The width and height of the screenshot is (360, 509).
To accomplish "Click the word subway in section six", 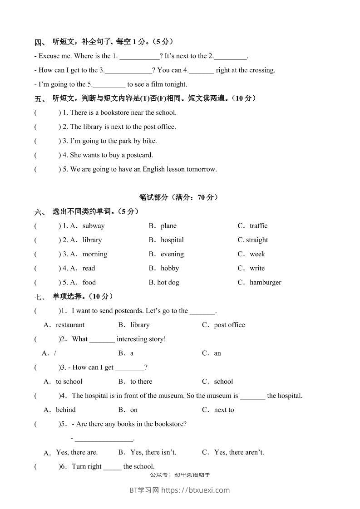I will point(94,226).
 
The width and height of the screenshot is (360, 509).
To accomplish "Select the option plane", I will point(168,226).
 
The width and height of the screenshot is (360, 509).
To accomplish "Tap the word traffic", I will point(259,226).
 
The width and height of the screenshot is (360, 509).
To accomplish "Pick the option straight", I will point(257,240).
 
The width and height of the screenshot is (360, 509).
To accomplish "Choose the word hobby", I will point(170,268).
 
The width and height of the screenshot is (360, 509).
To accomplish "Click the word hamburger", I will point(266,282).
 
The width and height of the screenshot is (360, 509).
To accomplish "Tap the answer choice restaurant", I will point(70,325).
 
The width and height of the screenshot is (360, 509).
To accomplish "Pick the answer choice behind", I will point(66,410).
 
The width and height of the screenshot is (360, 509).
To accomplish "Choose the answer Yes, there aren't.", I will point(239,452).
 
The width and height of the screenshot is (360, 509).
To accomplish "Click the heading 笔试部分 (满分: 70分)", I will point(178,197).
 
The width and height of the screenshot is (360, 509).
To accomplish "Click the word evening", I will point(172,254).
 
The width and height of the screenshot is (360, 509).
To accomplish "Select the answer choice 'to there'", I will point(141,382).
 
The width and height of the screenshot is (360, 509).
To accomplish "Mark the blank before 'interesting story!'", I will point(102,339).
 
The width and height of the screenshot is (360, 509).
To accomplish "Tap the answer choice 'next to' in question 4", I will point(224,410).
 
